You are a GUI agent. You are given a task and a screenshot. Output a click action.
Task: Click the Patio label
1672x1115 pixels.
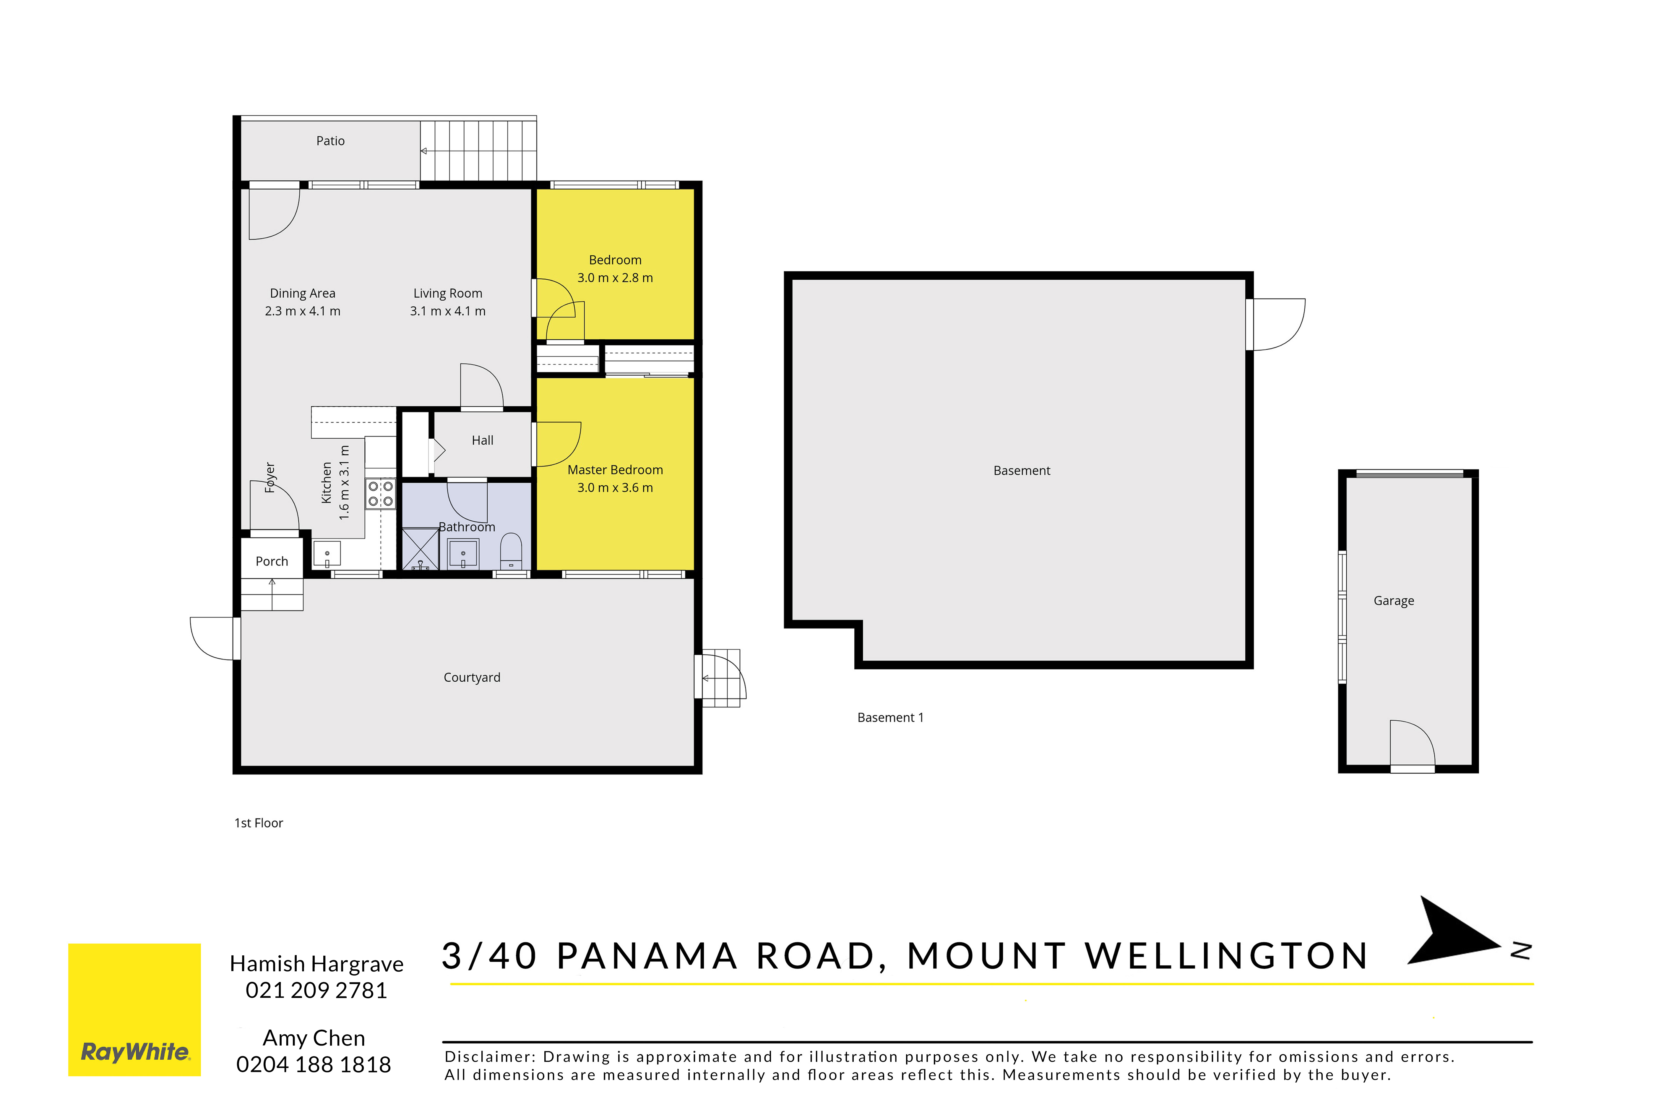[331, 141]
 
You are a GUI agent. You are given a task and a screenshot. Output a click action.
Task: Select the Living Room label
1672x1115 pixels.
[448, 293]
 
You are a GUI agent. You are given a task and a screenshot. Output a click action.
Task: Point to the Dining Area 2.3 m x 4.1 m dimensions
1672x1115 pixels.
[303, 311]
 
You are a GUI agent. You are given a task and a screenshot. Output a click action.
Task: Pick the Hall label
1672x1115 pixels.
[483, 440]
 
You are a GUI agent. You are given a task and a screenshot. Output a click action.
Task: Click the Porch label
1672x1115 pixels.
[272, 561]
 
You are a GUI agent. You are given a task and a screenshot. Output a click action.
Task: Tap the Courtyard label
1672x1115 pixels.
[472, 677]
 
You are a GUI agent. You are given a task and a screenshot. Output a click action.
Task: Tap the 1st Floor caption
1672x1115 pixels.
[259, 823]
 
